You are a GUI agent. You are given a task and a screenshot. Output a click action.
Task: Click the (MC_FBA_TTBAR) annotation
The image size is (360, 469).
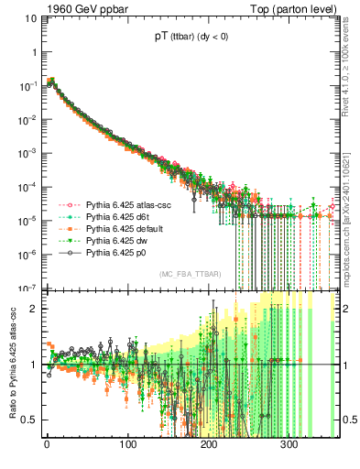[x=187, y=275]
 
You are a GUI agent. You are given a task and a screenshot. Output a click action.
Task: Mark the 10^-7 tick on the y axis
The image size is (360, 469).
[x=27, y=288]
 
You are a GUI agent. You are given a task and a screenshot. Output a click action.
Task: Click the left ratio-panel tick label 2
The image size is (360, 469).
[x=33, y=310]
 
